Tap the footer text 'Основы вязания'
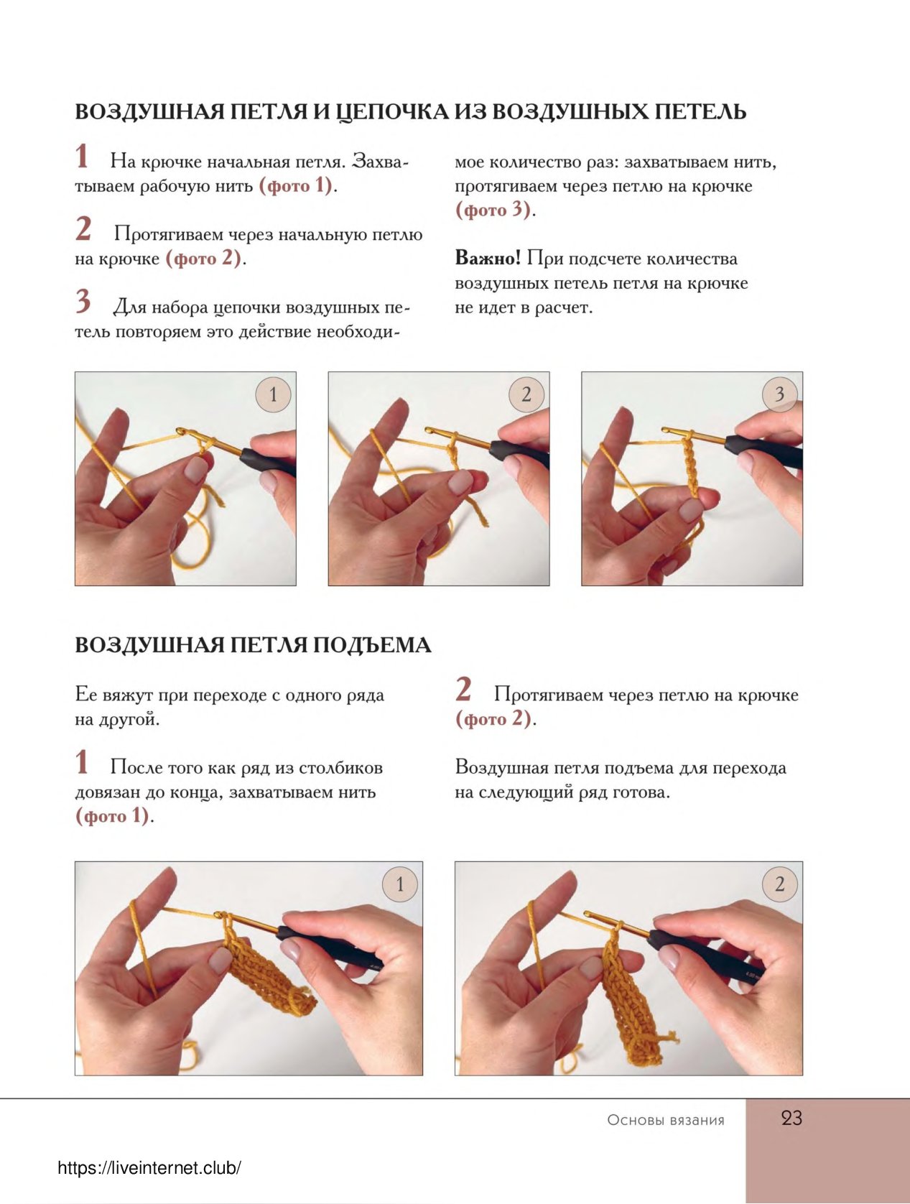666,1120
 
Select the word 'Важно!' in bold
488,258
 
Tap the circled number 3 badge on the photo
779,394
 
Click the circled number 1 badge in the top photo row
273,394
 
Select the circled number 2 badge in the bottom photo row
779,884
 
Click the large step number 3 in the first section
83,302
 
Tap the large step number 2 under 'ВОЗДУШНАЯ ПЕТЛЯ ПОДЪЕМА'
463,690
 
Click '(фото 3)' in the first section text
493,210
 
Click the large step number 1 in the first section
82,157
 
